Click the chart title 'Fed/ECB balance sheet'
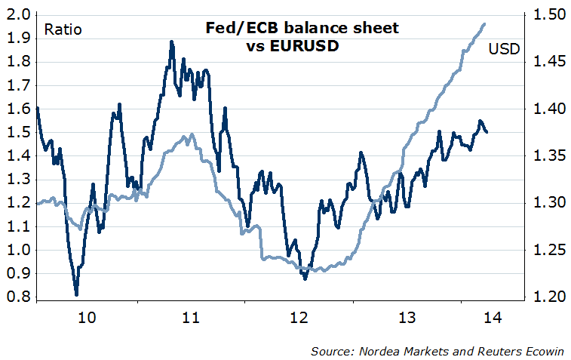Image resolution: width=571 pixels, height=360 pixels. pos(302,29)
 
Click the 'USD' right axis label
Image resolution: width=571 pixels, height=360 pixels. pos(503,50)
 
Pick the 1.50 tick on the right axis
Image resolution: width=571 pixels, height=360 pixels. pos(548,14)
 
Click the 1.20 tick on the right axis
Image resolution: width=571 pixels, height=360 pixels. pos(548,297)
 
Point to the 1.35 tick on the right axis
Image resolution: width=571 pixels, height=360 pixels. pos(548,155)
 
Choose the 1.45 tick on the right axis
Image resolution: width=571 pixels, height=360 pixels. pos(548,62)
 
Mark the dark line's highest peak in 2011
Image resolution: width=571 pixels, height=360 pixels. pos(171,42)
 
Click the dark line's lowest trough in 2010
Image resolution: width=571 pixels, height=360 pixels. pos(76,294)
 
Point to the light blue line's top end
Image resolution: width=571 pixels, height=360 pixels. pos(484,24)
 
